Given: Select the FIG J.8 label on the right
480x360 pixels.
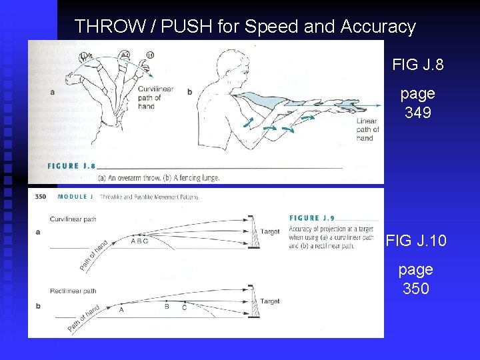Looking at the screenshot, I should [419, 65].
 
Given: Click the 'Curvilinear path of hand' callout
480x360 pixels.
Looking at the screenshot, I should [155, 97].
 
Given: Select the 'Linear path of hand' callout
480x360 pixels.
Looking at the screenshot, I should [367, 129].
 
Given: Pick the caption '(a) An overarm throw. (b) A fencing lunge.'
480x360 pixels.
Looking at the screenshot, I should [159, 178].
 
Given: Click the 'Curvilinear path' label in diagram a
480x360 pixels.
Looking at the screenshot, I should [73, 219].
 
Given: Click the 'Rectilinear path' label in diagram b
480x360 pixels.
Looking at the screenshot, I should [73, 291].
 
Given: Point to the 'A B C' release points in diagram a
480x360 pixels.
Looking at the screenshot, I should [139, 241].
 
